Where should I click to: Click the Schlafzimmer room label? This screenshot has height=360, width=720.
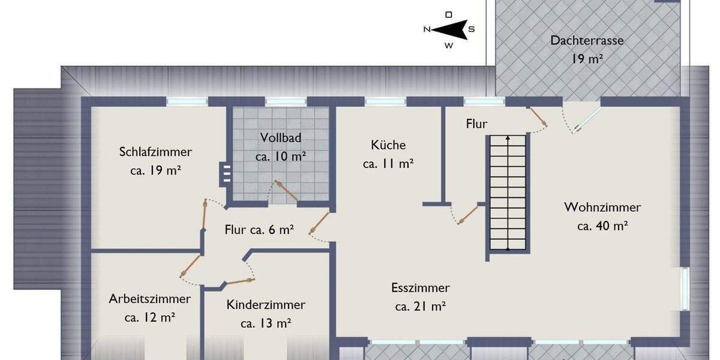pyautogui.click(x=155, y=152)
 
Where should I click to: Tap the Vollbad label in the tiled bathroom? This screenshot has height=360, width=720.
pyautogui.click(x=281, y=137)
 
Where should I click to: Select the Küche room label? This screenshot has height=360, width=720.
pyautogui.click(x=388, y=145)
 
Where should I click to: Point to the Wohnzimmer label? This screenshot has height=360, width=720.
pyautogui.click(x=602, y=207)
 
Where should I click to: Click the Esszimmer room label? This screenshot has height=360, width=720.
pyautogui.click(x=420, y=288)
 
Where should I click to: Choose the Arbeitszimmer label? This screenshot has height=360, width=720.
pyautogui.click(x=150, y=299)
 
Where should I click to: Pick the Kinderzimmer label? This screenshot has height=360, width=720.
pyautogui.click(x=266, y=305)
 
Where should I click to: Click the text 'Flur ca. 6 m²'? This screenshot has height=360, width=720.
pyautogui.click(x=259, y=229)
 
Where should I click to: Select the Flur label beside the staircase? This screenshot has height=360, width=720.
pyautogui.click(x=477, y=124)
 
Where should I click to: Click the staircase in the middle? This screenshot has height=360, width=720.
pyautogui.click(x=508, y=192)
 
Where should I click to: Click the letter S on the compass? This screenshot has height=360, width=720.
pyautogui.click(x=472, y=29)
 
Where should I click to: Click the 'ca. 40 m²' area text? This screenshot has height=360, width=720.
pyautogui.click(x=602, y=226)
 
